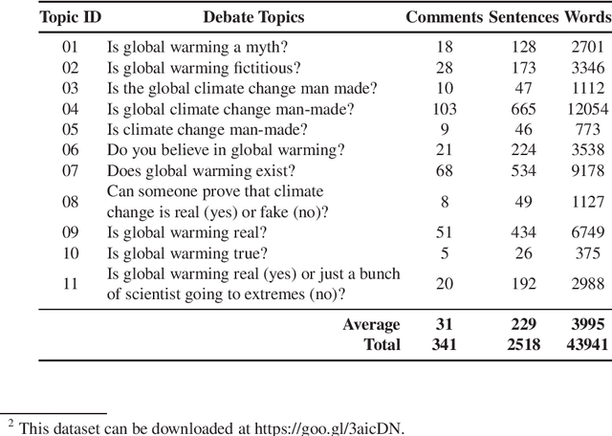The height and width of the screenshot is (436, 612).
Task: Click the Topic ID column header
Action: [71, 16]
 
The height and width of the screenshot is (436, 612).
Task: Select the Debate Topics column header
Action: [253, 16]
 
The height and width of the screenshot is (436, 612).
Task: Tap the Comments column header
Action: [444, 16]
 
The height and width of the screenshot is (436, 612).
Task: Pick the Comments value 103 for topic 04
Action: [444, 109]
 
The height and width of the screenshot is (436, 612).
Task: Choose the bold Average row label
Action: [371, 325]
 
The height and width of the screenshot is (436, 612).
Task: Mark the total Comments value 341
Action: [444, 344]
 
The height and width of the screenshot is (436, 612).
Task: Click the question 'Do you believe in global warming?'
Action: [226, 151]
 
